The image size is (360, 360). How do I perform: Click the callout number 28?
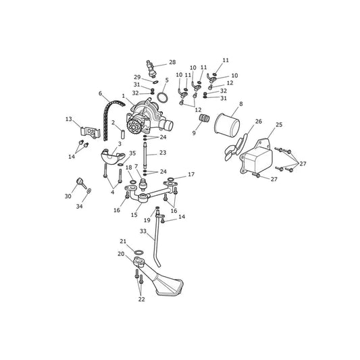[172, 62]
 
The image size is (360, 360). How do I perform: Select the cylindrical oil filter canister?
[227, 125]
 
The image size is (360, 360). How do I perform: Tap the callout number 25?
[279, 125]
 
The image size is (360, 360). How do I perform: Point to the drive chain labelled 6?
[109, 120]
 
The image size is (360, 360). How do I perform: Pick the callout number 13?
[69, 119]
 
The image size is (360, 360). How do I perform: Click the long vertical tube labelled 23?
[145, 155]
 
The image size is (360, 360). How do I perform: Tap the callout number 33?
[143, 231]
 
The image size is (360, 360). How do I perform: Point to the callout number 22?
[141, 299]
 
